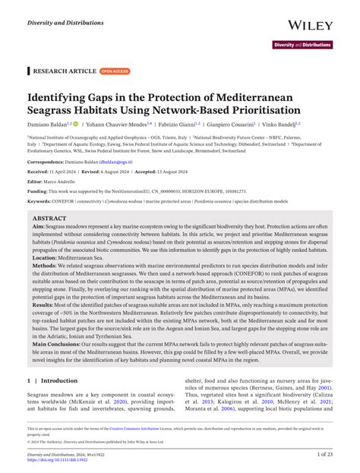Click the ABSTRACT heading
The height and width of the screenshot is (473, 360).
pos(54,217)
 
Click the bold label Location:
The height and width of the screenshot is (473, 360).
pos(47,257)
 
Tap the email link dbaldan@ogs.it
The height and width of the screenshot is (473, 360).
pos(115,162)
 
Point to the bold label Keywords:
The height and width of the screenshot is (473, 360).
pos(45,201)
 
